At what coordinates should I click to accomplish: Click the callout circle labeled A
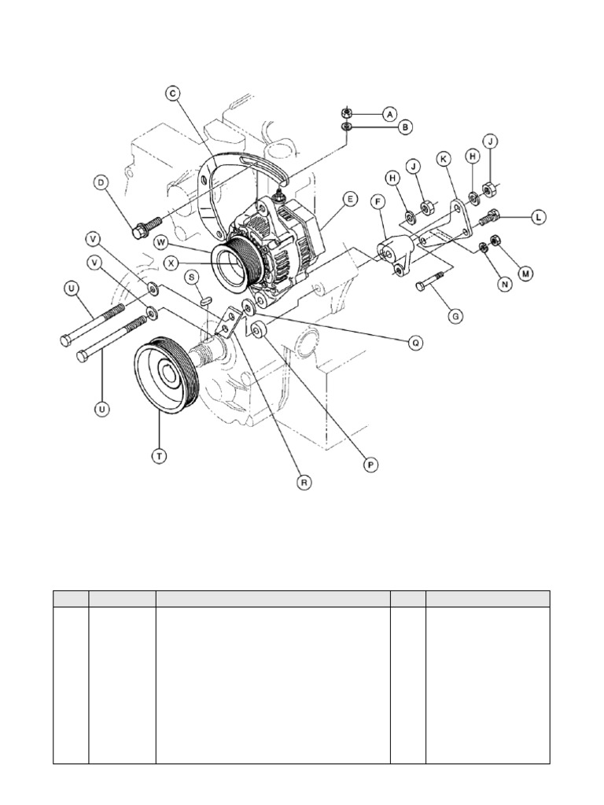[390, 114]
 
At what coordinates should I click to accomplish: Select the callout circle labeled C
[172, 94]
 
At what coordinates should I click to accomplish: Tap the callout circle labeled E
[350, 199]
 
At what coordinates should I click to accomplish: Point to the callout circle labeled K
[444, 159]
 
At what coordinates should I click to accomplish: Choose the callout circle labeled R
[304, 483]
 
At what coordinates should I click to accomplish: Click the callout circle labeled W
[160, 241]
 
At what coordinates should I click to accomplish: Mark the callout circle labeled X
[171, 263]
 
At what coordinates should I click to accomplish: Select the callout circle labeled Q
[415, 343]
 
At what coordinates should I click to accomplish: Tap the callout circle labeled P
[370, 465]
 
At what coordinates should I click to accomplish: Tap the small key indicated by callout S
[205, 300]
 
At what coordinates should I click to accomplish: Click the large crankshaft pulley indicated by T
[164, 375]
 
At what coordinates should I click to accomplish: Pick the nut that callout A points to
[347, 112]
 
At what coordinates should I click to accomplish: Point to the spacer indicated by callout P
[257, 328]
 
